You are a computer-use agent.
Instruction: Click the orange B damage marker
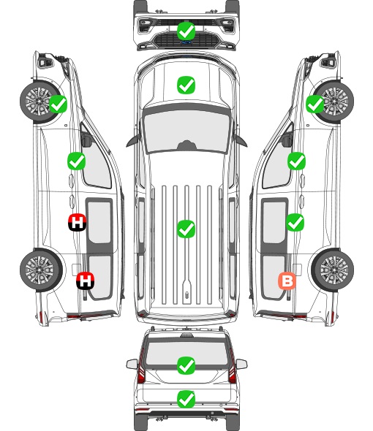pos(287,281)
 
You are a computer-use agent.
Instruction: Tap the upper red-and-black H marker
pos(77,222)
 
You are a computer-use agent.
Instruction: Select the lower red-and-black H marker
pos(86,281)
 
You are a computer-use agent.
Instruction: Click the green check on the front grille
pos(186,31)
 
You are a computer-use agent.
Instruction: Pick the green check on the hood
pos(186,85)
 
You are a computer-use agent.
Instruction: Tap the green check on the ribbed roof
pos(186,229)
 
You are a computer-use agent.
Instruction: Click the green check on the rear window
pos(186,365)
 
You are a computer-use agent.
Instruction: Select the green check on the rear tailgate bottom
pos(186,400)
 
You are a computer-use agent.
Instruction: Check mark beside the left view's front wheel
pos(58,104)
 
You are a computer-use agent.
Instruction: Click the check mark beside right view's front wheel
pos(315,104)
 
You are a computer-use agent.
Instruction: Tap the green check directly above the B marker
pos(295,222)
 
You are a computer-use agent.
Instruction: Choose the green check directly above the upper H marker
pos(77,161)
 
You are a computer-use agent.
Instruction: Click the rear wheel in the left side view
pos(41,270)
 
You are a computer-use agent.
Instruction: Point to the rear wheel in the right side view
pos(333,270)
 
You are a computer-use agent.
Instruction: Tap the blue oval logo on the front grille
pos(186,42)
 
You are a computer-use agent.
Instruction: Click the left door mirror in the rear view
pos(132,364)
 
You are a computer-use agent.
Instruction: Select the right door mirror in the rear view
pos(241,364)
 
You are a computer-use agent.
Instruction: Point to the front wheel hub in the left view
pos(37,101)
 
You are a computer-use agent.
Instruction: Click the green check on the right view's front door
pos(296,161)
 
